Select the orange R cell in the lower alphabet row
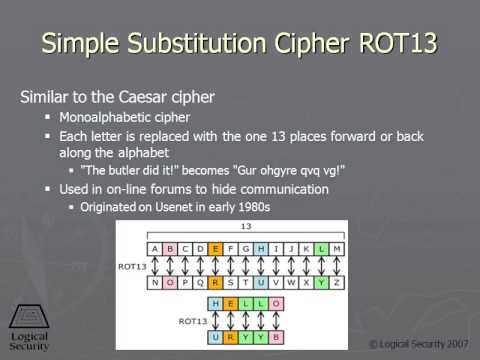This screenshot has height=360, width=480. pos(215,281)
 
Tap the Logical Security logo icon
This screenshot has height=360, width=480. pos(27,316)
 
